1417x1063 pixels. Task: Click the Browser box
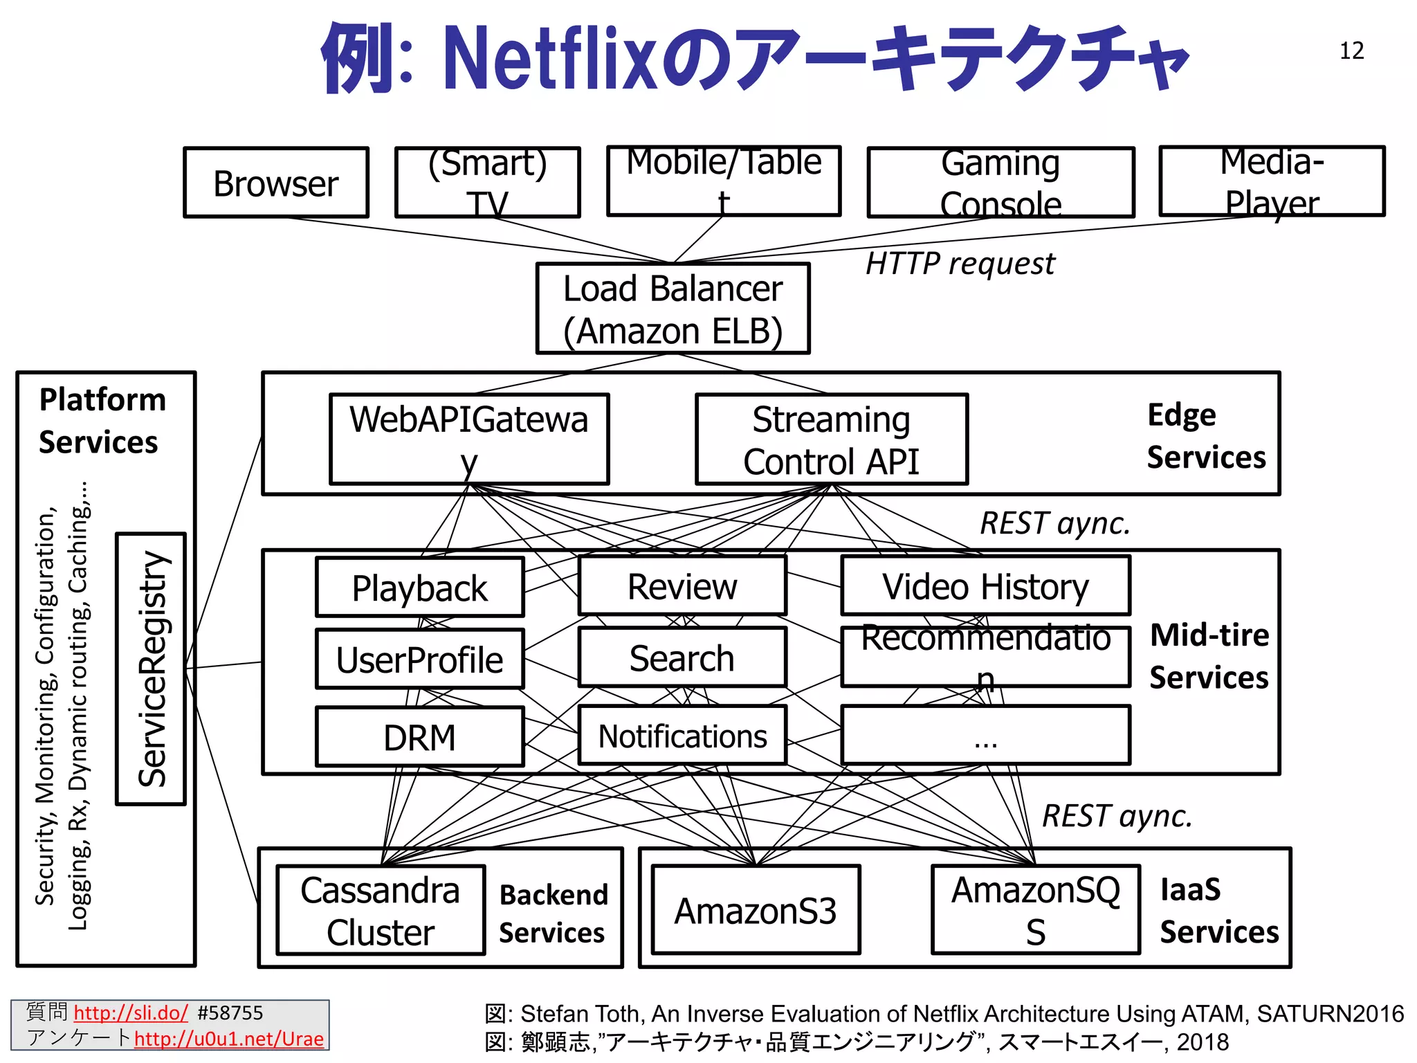click(275, 183)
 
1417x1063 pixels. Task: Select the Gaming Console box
click(1000, 183)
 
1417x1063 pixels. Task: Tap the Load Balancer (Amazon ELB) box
click(673, 309)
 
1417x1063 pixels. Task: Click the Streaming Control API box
click(831, 439)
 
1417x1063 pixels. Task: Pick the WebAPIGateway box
click(469, 439)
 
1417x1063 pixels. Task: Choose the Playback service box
click(419, 588)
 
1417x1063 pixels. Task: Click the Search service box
click(682, 657)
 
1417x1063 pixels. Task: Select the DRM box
click(419, 737)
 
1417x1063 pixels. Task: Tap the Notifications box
click(682, 736)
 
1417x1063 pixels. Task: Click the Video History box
click(985, 586)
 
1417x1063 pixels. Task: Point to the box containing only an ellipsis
click(985, 736)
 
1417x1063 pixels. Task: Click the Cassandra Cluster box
click(381, 910)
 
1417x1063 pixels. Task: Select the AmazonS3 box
click(756, 910)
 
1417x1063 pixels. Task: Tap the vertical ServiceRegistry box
click(151, 669)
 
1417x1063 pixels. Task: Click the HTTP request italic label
click(960, 264)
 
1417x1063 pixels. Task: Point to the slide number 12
click(1351, 51)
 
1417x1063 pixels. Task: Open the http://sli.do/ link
click(130, 1013)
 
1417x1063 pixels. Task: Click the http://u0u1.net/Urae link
click(228, 1039)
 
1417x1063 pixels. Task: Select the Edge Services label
click(1205, 436)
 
